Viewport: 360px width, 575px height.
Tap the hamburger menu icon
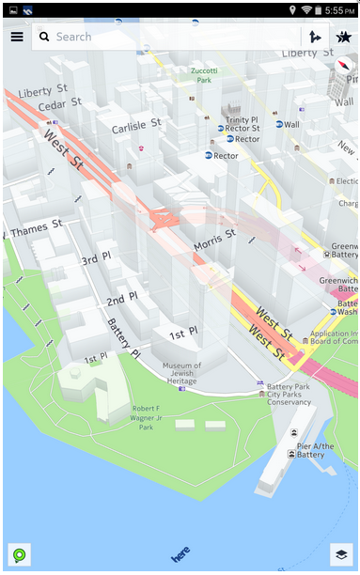pyautogui.click(x=17, y=37)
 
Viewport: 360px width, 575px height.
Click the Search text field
pyautogui.click(x=169, y=37)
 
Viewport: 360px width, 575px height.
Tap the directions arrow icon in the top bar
pyautogui.click(x=315, y=37)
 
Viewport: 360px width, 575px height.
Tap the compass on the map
pyautogui.click(x=345, y=70)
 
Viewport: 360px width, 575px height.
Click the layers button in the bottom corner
pyautogui.click(x=340, y=554)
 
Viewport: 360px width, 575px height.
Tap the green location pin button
pyautogui.click(x=19, y=554)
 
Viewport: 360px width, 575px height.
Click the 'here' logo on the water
pyautogui.click(x=180, y=552)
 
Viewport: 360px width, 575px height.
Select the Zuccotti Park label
pyautogui.click(x=203, y=75)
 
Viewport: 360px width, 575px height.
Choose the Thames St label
pyautogui.click(x=36, y=225)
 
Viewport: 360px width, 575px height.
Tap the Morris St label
pyautogui.click(x=214, y=241)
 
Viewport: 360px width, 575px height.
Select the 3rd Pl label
pyautogui.click(x=96, y=259)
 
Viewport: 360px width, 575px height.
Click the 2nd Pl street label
pyautogui.click(x=121, y=301)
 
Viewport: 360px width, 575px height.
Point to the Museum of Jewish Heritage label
pyautogui.click(x=180, y=374)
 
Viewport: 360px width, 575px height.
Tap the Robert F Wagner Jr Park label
pyautogui.click(x=132, y=416)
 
